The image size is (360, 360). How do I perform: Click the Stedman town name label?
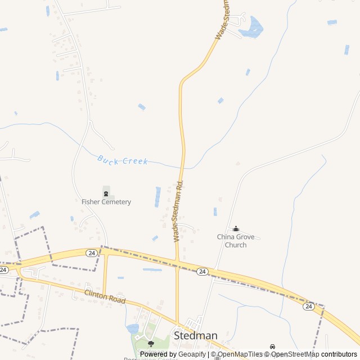coord(195,335)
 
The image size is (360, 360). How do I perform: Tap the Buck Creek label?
coord(122,160)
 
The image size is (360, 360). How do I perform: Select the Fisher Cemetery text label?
coord(106,201)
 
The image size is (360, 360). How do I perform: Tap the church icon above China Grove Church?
coord(236,228)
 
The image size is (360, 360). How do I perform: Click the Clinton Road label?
coord(105,297)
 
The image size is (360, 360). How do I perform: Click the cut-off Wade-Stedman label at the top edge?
coord(222,20)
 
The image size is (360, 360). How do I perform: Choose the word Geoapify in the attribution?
coord(192,354)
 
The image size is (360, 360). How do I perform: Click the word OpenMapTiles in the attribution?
coord(241,354)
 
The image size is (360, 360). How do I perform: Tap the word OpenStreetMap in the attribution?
coord(295,354)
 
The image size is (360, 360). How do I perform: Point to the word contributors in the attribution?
coord(339,354)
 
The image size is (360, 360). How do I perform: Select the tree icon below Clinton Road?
coord(150,343)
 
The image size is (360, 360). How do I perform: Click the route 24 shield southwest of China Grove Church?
coord(202,272)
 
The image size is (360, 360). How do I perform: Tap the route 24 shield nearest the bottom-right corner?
coord(308,306)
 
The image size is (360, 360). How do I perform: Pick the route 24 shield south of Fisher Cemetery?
coord(91,253)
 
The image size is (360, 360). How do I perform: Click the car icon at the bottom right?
coord(273,346)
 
